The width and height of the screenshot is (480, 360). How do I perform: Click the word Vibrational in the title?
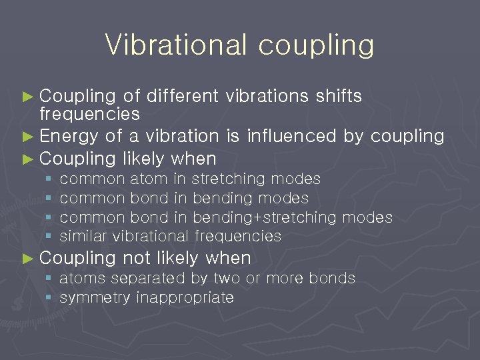[175, 45]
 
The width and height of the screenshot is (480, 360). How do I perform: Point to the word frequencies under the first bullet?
[89, 114]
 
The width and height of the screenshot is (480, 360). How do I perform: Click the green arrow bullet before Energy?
[27, 137]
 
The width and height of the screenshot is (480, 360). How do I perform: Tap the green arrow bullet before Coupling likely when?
[27, 159]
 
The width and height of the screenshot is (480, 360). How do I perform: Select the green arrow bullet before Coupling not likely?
[27, 258]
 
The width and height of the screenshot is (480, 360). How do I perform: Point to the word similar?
[84, 236]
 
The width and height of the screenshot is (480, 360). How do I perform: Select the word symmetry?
[95, 298]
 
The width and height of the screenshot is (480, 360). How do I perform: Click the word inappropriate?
[185, 298]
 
